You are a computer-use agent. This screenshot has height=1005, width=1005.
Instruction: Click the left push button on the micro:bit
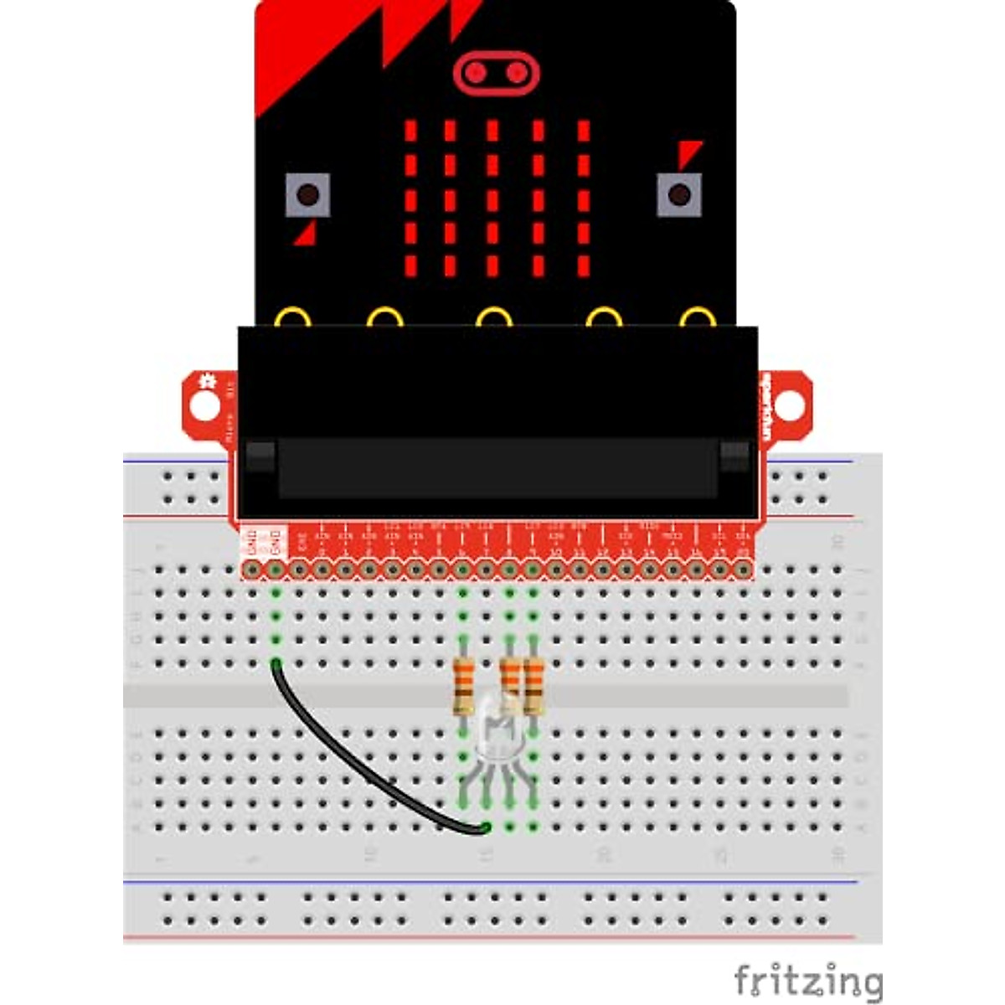pyautogui.click(x=307, y=195)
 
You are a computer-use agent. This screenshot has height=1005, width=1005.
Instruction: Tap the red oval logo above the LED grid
pyautogui.click(x=496, y=73)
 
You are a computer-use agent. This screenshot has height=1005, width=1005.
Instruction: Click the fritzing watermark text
pyautogui.click(x=807, y=980)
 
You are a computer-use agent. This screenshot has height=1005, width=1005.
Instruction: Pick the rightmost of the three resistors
pyautogui.click(x=533, y=686)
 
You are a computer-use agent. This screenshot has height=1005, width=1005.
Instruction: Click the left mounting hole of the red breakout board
pyautogui.click(x=204, y=405)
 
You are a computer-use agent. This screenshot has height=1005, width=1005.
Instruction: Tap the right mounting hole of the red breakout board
pyautogui.click(x=788, y=405)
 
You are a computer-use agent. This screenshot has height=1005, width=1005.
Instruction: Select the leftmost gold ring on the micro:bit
pyautogui.click(x=292, y=318)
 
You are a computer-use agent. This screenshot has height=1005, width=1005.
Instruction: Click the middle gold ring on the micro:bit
pyautogui.click(x=493, y=318)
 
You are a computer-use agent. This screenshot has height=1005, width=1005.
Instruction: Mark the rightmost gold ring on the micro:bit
pyautogui.click(x=697, y=318)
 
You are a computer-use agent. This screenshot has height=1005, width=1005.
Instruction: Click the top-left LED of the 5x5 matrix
pyautogui.click(x=410, y=131)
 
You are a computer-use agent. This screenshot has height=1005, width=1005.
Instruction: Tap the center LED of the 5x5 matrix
pyautogui.click(x=493, y=201)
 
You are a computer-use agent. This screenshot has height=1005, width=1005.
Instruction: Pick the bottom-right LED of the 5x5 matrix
pyautogui.click(x=584, y=266)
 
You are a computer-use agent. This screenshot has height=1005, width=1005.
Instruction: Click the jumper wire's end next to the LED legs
pyautogui.click(x=484, y=828)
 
